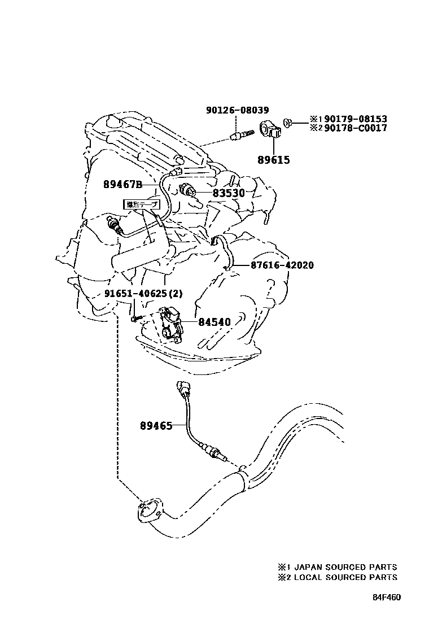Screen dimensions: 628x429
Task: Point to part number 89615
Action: [274, 160]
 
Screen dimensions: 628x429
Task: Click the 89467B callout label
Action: [122, 184]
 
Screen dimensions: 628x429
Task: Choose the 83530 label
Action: [229, 193]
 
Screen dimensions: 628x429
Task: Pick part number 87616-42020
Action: [282, 265]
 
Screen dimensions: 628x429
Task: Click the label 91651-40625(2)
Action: [143, 294]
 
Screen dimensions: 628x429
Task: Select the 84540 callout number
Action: [214, 322]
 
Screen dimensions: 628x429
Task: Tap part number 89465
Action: [156, 426]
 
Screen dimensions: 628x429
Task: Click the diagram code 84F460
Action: [386, 597]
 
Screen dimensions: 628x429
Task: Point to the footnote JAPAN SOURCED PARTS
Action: [345, 567]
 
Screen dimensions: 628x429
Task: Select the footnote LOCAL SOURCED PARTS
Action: [345, 577]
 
